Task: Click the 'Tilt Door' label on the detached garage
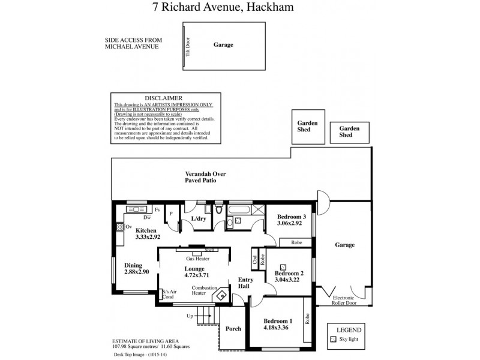187,45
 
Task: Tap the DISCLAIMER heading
164,98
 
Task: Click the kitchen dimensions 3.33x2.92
147,238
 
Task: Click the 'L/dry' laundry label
199,220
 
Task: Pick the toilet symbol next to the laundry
219,210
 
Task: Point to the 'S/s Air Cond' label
168,294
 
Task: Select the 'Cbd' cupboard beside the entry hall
255,260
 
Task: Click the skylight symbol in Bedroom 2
283,266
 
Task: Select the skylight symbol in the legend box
334,339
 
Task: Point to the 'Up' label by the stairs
191,315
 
